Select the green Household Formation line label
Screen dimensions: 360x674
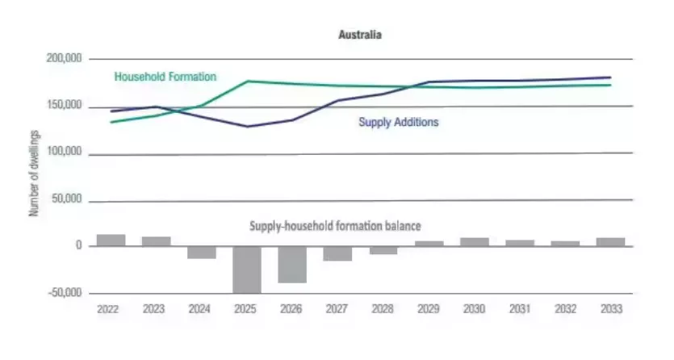(x=165, y=77)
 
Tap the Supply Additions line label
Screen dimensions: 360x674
(x=398, y=123)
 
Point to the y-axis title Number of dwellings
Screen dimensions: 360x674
(x=34, y=176)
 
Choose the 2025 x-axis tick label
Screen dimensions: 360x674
(x=246, y=309)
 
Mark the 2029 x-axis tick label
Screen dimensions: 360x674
(x=429, y=309)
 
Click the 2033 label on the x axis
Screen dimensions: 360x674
(x=612, y=309)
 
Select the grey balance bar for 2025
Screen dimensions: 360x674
(x=247, y=270)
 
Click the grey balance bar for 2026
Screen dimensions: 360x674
(x=292, y=264)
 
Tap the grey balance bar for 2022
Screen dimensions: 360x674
(x=111, y=241)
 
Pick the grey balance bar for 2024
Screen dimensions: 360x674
(x=202, y=252)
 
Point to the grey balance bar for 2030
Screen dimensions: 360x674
(x=475, y=242)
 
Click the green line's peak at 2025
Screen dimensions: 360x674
(x=248, y=82)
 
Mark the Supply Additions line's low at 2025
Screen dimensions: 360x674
(x=248, y=127)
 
